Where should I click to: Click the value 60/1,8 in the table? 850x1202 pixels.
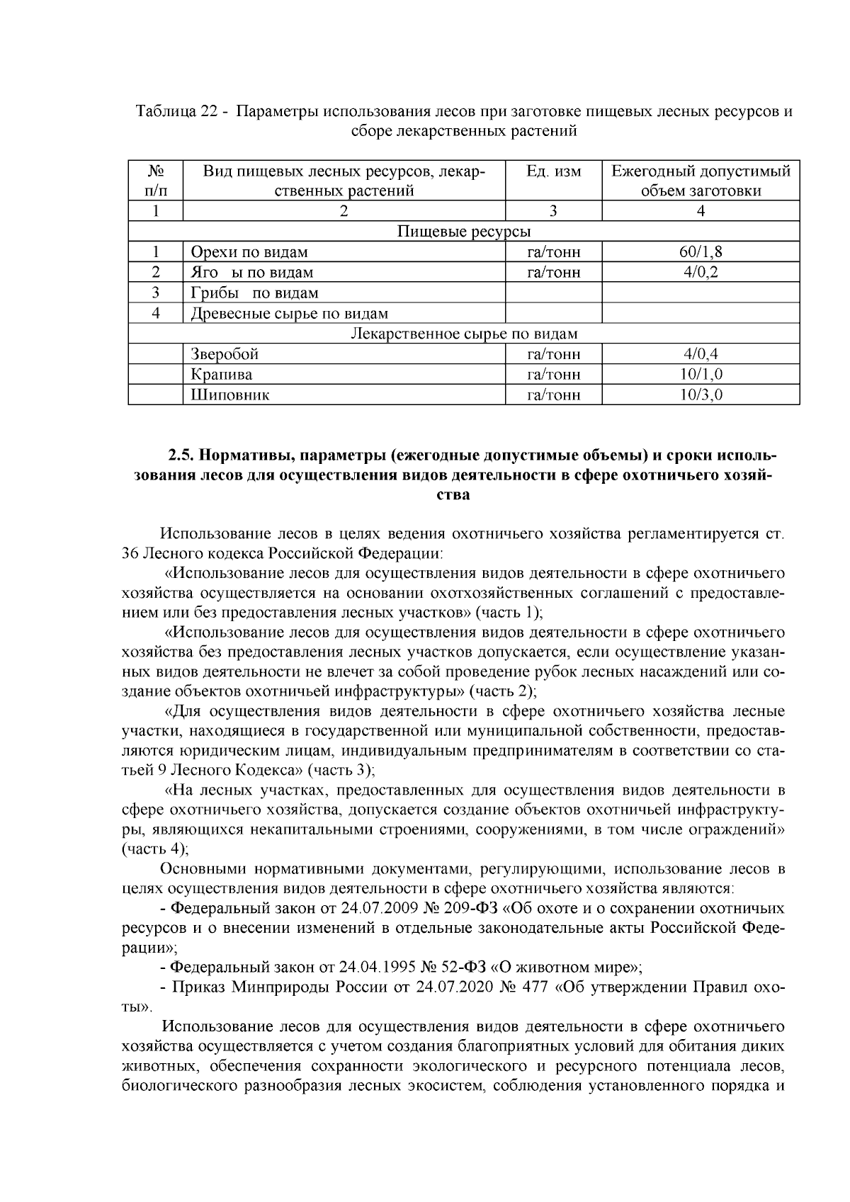pos(700,251)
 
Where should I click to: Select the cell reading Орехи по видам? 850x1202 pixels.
pos(249,252)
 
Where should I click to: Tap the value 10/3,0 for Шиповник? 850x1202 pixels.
pos(700,395)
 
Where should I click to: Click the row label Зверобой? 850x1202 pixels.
pos(224,354)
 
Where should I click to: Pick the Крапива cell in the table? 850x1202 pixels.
pos(221,375)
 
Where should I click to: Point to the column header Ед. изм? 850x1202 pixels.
pos(553,171)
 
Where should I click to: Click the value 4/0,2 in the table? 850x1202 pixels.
pos(700,272)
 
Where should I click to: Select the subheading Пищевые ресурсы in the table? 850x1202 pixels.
pos(464,232)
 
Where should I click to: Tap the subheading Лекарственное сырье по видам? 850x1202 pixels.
pos(464,334)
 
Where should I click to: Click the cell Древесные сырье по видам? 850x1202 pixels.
pos(289,313)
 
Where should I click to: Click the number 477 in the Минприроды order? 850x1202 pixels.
pos(535,987)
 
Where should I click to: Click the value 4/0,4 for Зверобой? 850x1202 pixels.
pos(700,354)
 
